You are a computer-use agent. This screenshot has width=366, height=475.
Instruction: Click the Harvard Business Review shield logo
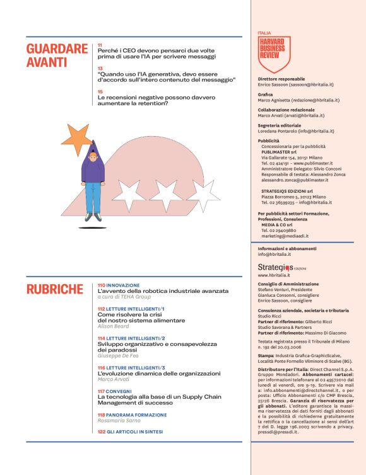pyautogui.click(x=274, y=53)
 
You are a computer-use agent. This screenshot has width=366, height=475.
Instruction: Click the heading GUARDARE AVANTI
pyautogui.click(x=57, y=55)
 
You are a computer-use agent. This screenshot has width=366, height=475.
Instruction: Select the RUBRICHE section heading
pyautogui.click(x=55, y=289)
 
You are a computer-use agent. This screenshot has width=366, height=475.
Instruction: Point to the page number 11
pyautogui.click(x=100, y=46)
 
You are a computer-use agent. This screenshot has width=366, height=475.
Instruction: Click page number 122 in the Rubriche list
pyautogui.click(x=102, y=432)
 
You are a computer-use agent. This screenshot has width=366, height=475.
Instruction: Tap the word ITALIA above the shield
pyautogui.click(x=265, y=33)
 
